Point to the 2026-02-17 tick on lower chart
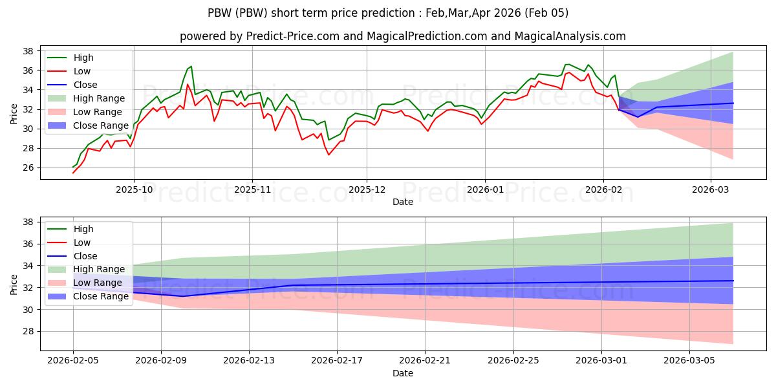[337, 360]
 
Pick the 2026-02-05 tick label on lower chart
[73, 360]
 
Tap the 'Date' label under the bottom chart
[402, 373]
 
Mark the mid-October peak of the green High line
[191, 66]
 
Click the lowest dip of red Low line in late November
[329, 155]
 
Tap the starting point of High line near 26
[73, 167]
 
